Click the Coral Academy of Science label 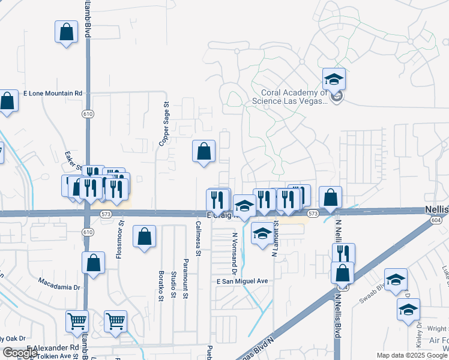pyautogui.click(x=294, y=97)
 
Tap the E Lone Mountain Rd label pyautogui.click(x=52, y=94)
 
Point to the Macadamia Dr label pyautogui.click(x=59, y=280)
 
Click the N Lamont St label pyautogui.click(x=275, y=238)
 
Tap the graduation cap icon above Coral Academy pyautogui.click(x=334, y=79)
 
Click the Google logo pyautogui.click(x=20, y=353)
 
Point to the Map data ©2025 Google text pyautogui.click(x=412, y=355)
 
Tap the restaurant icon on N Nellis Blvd pyautogui.click(x=343, y=253)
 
